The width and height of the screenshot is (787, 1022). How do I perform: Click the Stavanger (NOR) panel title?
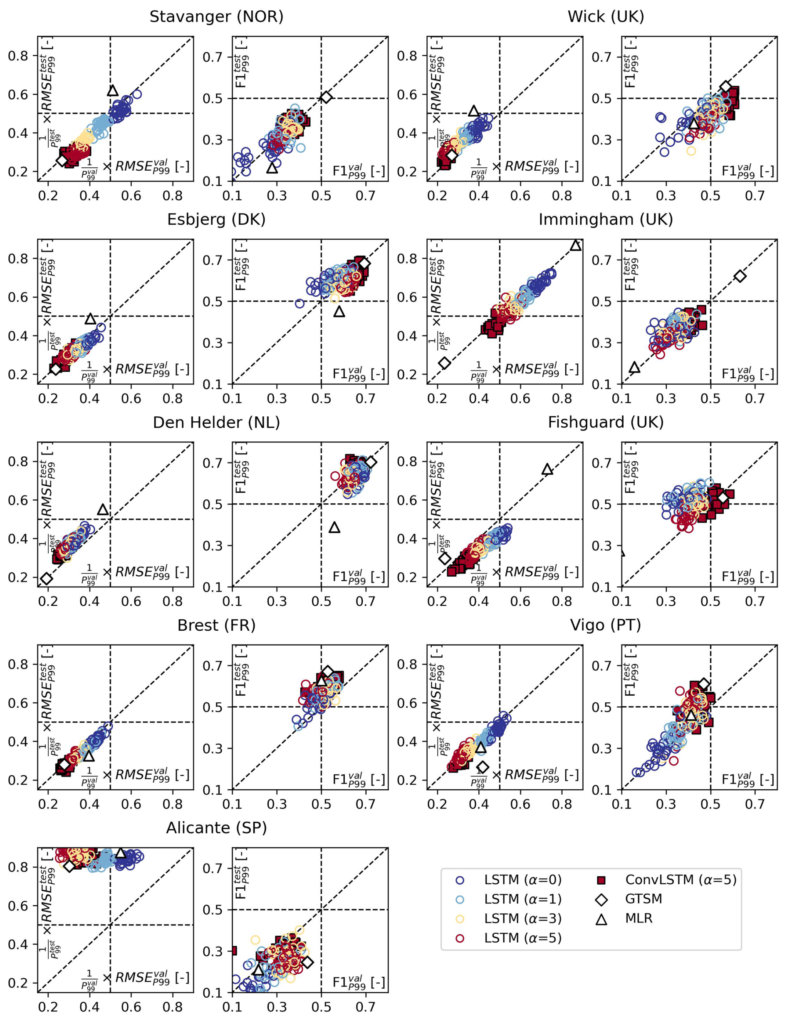216,17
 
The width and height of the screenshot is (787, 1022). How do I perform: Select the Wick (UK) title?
606,17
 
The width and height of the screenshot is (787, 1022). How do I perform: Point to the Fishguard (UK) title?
606,422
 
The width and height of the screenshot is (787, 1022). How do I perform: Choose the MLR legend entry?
639,918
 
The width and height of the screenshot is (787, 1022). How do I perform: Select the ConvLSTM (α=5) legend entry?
681,880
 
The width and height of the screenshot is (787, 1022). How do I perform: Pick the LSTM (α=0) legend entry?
522,880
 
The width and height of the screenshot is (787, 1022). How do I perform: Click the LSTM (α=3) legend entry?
522,918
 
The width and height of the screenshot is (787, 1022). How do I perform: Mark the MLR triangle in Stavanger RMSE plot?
113,91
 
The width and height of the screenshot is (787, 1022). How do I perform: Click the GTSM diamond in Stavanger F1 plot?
326,97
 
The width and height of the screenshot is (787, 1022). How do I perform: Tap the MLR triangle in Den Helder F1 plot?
334,528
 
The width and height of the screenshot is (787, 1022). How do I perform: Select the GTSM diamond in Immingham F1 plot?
740,276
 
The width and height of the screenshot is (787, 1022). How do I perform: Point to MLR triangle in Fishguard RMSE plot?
547,469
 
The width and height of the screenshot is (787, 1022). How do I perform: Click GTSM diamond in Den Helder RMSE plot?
46,578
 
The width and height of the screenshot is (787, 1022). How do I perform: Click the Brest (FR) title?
216,625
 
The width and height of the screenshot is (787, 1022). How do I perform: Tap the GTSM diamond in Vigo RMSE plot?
483,767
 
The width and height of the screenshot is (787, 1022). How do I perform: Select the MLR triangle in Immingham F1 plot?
634,367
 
